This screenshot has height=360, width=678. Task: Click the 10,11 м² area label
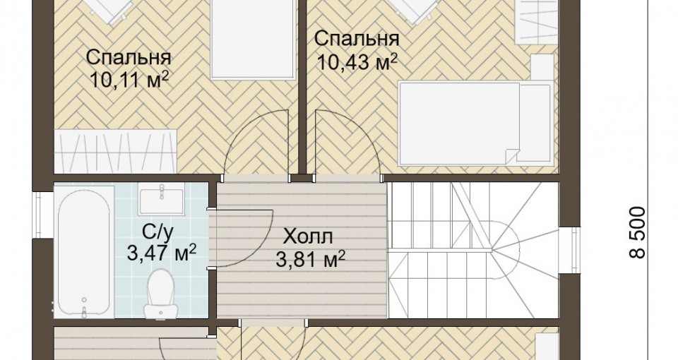coord(129,79)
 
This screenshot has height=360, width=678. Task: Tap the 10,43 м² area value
coord(357,63)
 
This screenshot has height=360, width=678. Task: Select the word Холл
coord(309,236)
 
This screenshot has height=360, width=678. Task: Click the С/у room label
coord(157,234)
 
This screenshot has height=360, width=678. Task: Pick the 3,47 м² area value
coord(162,253)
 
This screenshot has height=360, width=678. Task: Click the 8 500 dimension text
coord(637,232)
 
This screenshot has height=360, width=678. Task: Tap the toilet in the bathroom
coord(160,293)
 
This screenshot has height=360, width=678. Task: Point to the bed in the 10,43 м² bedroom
coord(475,123)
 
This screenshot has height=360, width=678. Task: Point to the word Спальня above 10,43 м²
coord(357,40)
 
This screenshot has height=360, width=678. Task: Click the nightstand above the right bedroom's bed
coord(542,68)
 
